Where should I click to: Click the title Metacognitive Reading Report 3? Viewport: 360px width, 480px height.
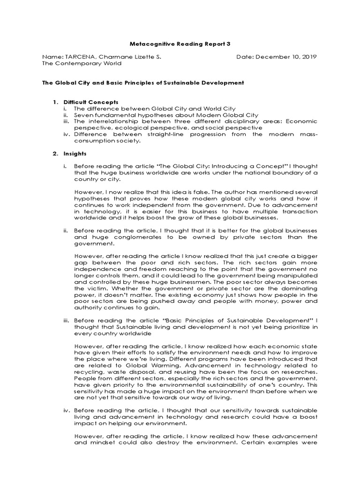[x=180, y=44]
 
